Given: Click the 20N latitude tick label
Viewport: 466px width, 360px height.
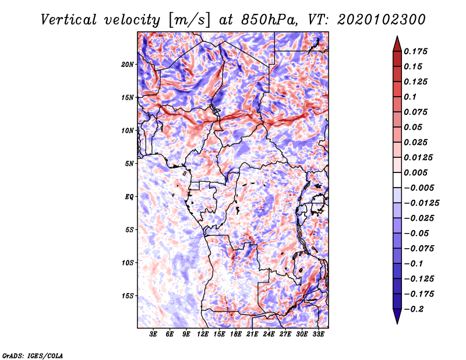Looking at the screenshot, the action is pos(128,65).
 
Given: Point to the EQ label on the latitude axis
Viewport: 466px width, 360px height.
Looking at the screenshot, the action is pos(129,197).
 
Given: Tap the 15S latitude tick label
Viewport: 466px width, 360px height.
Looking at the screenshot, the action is pos(128,296).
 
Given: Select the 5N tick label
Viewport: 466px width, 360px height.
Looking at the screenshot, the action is pos(129,164).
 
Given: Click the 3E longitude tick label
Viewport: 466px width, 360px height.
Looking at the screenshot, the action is pos(153,334).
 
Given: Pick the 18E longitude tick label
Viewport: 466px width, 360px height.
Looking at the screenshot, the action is pos(236,334).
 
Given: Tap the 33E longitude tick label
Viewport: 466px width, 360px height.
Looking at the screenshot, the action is pos(318,334).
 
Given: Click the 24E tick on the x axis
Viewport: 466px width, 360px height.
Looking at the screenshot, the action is pos(269,334).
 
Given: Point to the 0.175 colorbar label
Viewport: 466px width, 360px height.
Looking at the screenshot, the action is pos(415,51).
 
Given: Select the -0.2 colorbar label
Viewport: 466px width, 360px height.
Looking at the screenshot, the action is pos(414,309).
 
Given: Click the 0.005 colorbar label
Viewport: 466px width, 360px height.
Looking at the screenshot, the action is pos(415,172).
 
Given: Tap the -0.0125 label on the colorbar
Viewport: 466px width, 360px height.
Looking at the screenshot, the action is pos(421,203).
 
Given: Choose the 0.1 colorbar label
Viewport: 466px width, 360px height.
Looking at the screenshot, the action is pos(410,97).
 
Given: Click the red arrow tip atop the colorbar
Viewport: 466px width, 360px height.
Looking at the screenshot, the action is pos(397,37).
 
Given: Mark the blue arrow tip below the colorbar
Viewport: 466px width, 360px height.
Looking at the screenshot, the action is pos(397,323).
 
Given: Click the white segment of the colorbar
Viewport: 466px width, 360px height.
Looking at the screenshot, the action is pos(397,180).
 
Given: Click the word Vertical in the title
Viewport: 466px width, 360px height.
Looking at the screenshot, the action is pos(69,20).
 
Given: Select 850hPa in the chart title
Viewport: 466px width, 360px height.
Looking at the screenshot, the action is pos(269,20).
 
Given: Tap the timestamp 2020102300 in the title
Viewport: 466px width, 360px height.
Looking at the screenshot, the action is pos(382,20).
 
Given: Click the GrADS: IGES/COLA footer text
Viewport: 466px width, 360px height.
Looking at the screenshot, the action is pos(33,356).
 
